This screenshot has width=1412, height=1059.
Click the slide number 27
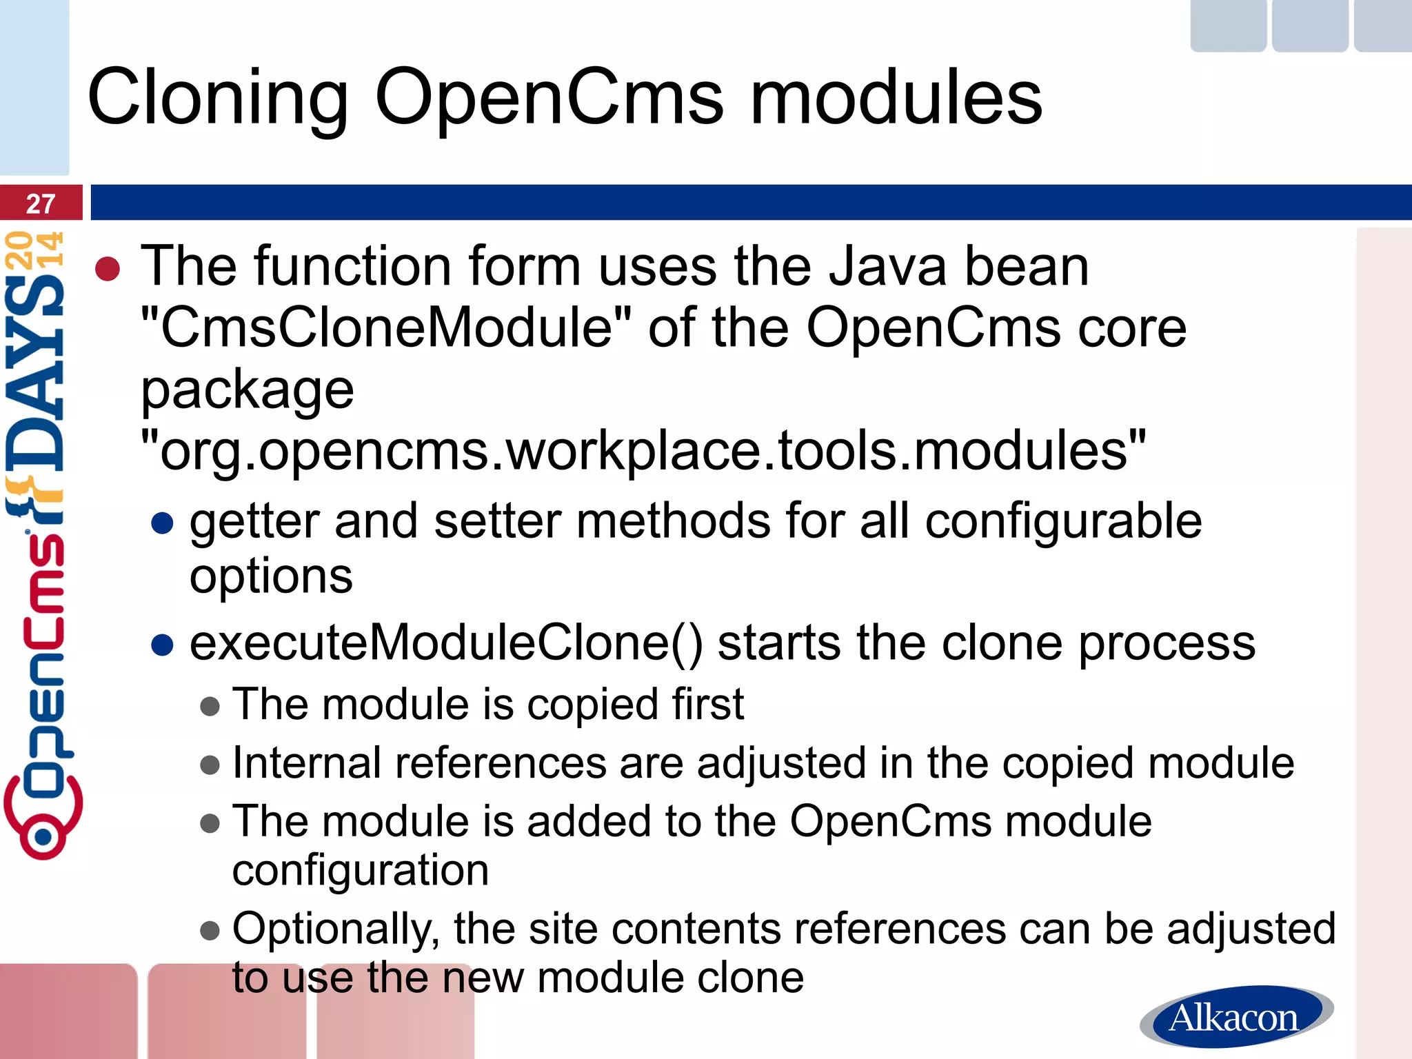(x=41, y=203)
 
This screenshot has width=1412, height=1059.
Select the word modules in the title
(x=896, y=99)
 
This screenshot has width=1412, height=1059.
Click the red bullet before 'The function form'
(x=108, y=270)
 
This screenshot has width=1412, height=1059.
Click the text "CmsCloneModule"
(x=386, y=327)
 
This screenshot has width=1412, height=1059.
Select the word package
(x=247, y=390)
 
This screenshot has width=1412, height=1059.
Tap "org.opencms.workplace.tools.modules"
(x=643, y=450)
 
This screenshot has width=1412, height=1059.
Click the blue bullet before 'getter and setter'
(x=162, y=523)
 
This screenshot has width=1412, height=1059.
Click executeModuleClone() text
(x=446, y=643)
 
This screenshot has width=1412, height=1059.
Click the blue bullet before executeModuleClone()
(x=162, y=645)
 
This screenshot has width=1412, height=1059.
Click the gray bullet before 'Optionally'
(x=210, y=931)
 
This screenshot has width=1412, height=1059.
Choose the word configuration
(x=361, y=870)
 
